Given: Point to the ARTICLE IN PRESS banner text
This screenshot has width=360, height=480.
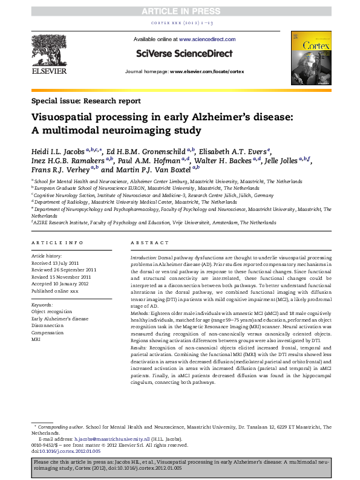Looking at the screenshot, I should (x=179, y=11).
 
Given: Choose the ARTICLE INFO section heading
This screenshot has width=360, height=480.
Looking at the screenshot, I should (x=57, y=242).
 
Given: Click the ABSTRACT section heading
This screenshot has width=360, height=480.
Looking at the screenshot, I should (x=150, y=242).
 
